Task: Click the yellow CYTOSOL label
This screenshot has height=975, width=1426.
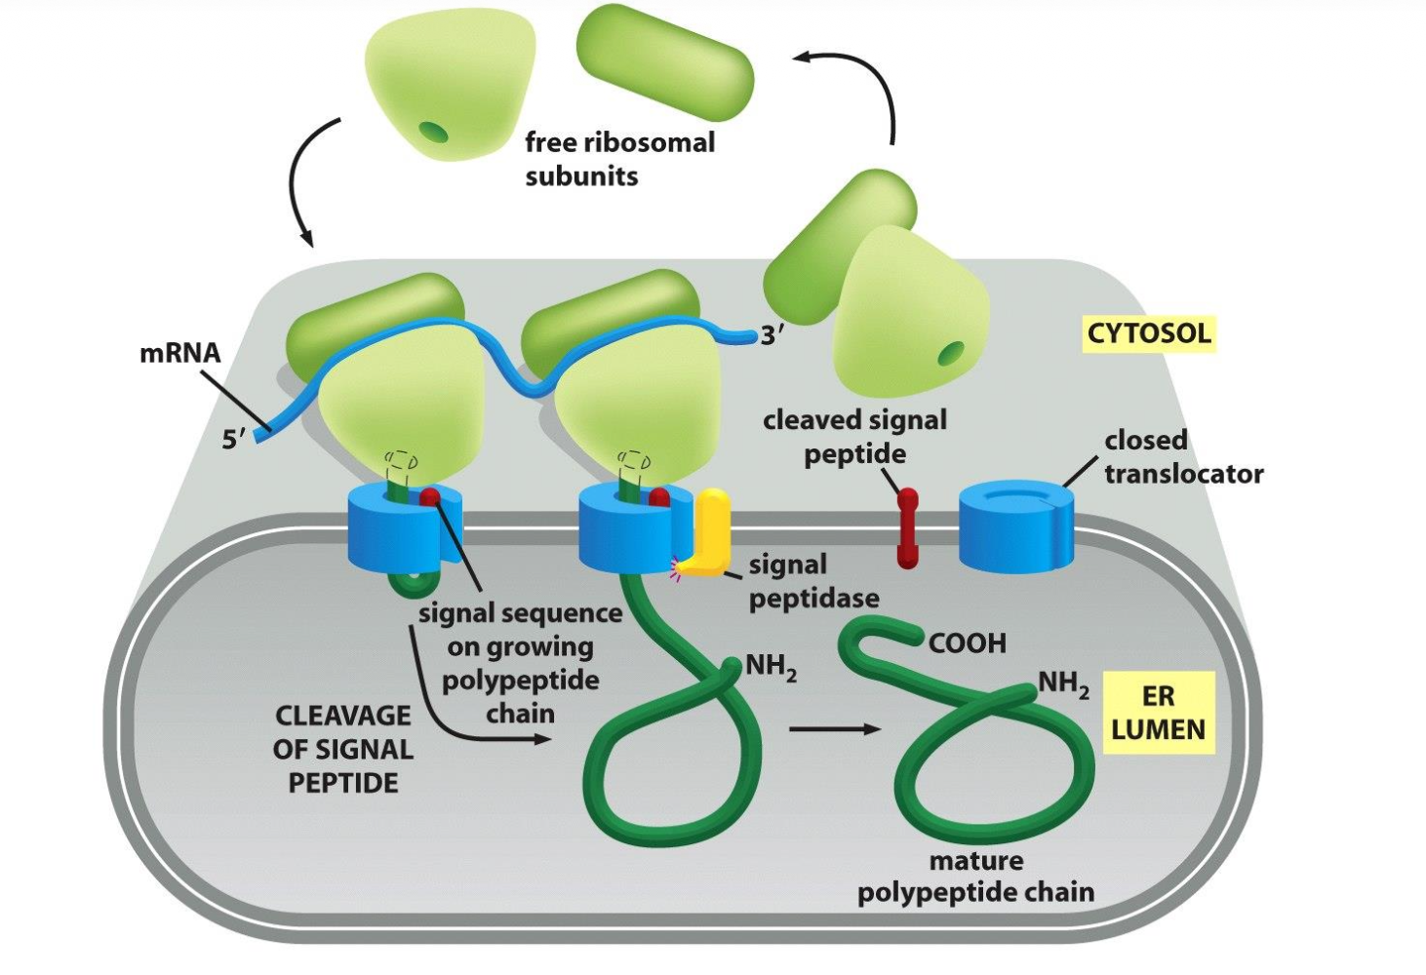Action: [x=1149, y=333]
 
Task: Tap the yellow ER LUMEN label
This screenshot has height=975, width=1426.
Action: [x=1158, y=713]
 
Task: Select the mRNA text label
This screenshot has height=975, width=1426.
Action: [x=179, y=352]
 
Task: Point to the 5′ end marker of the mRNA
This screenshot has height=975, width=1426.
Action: [x=233, y=440]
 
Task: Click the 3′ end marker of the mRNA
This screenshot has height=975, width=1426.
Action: [x=772, y=335]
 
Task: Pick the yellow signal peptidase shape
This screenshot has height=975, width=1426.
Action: [x=710, y=531]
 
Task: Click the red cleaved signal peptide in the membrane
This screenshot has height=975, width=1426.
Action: [x=907, y=528]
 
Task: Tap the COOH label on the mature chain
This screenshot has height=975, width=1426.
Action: [x=967, y=643]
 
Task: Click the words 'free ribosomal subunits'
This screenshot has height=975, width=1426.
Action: [x=619, y=159]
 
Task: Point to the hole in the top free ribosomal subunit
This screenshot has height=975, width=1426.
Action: [x=432, y=130]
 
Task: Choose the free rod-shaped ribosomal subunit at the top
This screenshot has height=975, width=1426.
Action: [x=665, y=61]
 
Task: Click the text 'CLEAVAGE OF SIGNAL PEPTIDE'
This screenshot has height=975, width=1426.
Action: [x=343, y=749]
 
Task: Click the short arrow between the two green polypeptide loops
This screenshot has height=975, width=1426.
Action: [x=834, y=729]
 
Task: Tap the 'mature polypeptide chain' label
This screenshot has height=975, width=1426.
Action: [x=975, y=877]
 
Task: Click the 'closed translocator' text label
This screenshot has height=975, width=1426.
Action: [x=1182, y=457]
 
